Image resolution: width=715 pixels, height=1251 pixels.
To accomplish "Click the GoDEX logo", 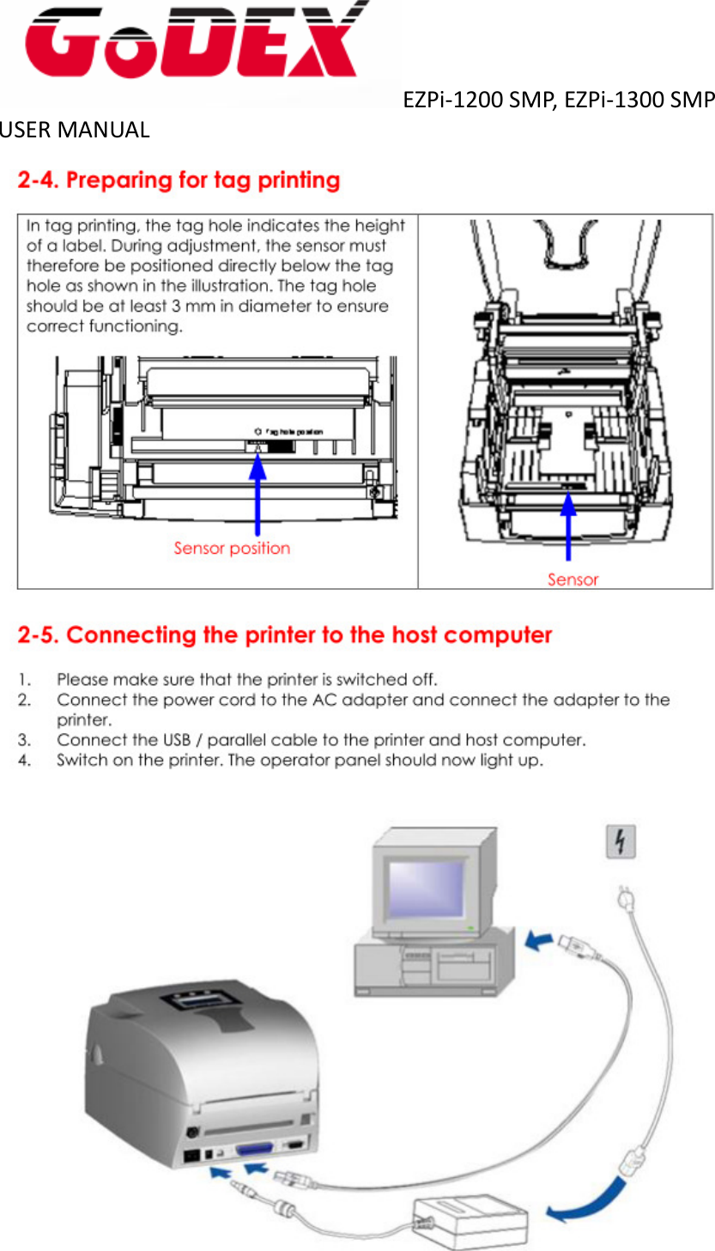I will click(193, 43).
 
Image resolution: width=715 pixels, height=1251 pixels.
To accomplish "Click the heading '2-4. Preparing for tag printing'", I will click(179, 181).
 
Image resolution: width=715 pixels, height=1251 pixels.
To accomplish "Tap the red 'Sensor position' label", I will click(232, 548).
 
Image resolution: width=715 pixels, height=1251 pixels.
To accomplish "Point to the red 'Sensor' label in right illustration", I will click(573, 580).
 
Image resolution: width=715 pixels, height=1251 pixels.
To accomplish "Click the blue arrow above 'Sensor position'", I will click(258, 494).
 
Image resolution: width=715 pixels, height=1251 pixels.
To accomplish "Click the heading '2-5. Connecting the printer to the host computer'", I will click(284, 636).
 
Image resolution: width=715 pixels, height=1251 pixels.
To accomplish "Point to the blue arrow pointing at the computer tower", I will click(538, 943).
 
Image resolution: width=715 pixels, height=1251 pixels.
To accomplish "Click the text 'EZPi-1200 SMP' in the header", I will click(481, 101).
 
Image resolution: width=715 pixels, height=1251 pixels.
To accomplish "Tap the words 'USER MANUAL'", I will click(75, 131).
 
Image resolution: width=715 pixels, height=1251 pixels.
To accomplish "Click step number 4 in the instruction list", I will click(26, 761).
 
